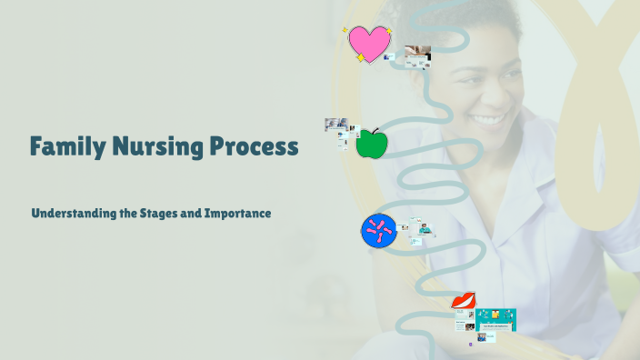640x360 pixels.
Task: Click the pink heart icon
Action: tap(368, 43)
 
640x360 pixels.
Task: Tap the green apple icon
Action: tap(370, 144)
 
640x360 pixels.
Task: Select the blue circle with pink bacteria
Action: tap(379, 231)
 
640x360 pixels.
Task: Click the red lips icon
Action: tap(464, 301)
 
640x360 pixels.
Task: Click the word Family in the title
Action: tap(65, 145)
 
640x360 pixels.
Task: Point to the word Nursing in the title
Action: tap(152, 145)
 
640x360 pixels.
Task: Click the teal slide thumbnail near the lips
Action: tap(495, 319)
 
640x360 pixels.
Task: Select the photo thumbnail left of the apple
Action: tap(335, 125)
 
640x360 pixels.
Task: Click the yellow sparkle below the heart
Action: tap(360, 58)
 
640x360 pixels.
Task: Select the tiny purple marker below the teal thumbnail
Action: tap(470, 345)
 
